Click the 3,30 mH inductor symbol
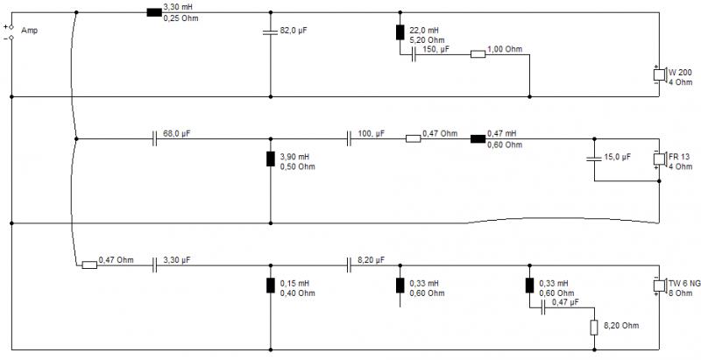(x=154, y=12)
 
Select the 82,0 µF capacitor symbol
(x=271, y=32)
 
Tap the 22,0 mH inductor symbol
(x=400, y=32)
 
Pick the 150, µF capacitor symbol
(x=414, y=54)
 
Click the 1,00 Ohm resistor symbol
(x=478, y=54)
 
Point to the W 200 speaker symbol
(x=660, y=74)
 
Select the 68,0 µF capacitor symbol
(x=154, y=139)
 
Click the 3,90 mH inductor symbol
(x=271, y=159)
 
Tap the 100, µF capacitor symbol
(x=349, y=139)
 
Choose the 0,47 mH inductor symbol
(x=478, y=139)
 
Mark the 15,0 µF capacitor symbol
(x=594, y=159)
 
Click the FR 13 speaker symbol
(x=660, y=159)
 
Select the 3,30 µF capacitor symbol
(x=154, y=265)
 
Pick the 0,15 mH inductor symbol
(x=271, y=286)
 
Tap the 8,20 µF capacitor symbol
(x=349, y=265)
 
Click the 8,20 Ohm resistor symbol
(x=594, y=328)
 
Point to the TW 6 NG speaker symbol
(x=660, y=286)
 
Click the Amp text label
(x=30, y=31)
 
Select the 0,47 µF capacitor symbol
(x=543, y=307)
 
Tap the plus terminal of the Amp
(x=11, y=27)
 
